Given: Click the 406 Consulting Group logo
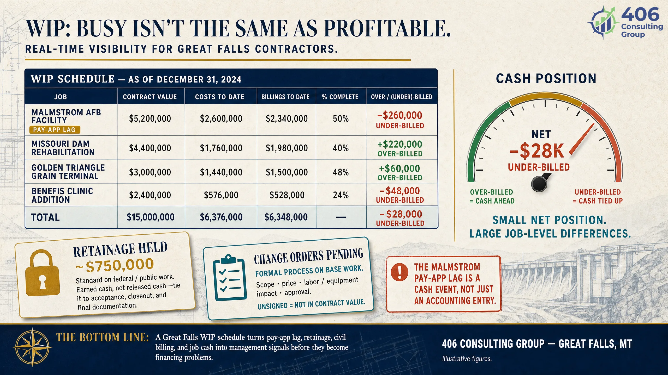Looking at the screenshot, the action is coord(625,23).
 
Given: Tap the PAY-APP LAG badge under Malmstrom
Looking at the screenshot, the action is coord(55,130).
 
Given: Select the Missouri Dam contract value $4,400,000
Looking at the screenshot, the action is coord(150,148).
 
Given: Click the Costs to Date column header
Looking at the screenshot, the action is coord(220,97).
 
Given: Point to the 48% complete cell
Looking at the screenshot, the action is coord(341,172).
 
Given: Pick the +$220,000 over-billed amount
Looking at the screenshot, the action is coord(400,144).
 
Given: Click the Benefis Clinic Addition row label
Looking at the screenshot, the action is coord(62,195).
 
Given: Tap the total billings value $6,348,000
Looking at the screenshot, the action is coord(286,217).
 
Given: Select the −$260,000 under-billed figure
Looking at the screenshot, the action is coord(400,115).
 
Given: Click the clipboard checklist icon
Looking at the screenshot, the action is coord(230,278).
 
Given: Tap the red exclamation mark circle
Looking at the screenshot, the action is coord(399,272).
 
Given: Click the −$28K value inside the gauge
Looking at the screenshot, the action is coord(536,151).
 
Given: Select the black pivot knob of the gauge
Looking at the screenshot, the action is coord(539,184).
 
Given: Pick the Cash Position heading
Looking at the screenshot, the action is coord(546,79).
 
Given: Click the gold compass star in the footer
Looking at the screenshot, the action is coord(32,347).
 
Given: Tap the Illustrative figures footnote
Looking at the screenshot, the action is coord(467,359).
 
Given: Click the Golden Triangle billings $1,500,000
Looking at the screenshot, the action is coord(287,172).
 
